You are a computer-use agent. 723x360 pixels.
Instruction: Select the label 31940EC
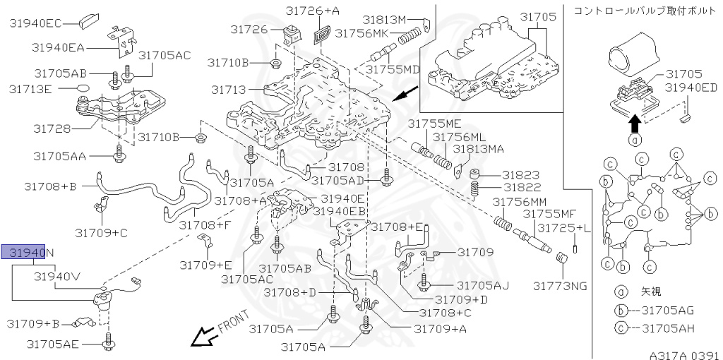pos(35,23)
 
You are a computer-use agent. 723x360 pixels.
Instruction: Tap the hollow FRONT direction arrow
pos(205,337)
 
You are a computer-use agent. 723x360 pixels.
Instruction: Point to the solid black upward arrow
pos(634,124)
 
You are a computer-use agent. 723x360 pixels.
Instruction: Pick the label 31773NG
pos(560,285)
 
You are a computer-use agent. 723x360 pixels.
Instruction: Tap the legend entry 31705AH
pos(664,328)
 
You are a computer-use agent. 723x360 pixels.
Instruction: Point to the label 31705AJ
pos(482,285)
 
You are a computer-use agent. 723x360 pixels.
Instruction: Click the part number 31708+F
pos(204,225)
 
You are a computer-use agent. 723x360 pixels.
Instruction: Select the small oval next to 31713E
pos(83,89)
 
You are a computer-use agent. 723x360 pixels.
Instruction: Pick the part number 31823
pos(521,174)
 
